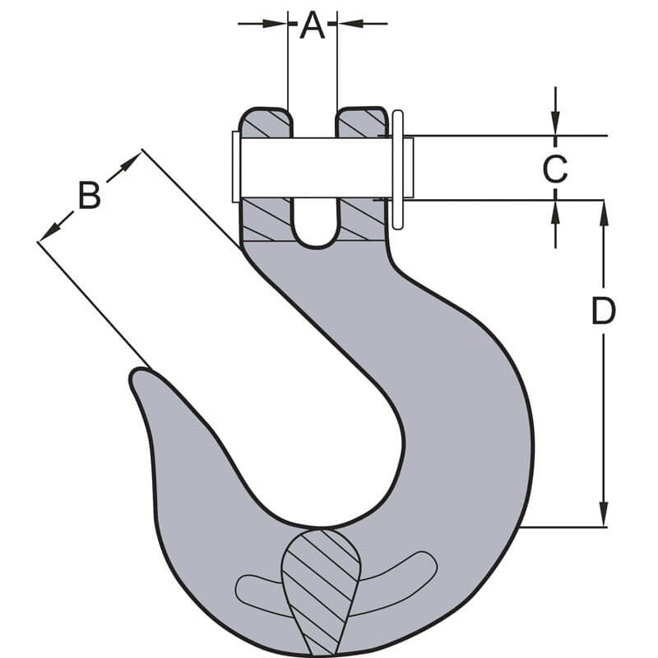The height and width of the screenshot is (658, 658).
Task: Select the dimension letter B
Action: [x=89, y=196]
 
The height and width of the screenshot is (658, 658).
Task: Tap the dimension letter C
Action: [x=555, y=169]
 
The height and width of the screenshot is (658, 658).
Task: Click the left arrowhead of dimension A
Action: [x=280, y=24]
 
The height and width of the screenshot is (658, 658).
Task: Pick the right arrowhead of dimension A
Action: [x=345, y=24]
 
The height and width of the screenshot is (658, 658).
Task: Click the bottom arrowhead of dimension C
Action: [x=556, y=209]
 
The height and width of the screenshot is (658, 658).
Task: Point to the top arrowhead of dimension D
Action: [x=604, y=209]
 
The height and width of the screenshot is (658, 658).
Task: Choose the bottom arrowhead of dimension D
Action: [x=604, y=517]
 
